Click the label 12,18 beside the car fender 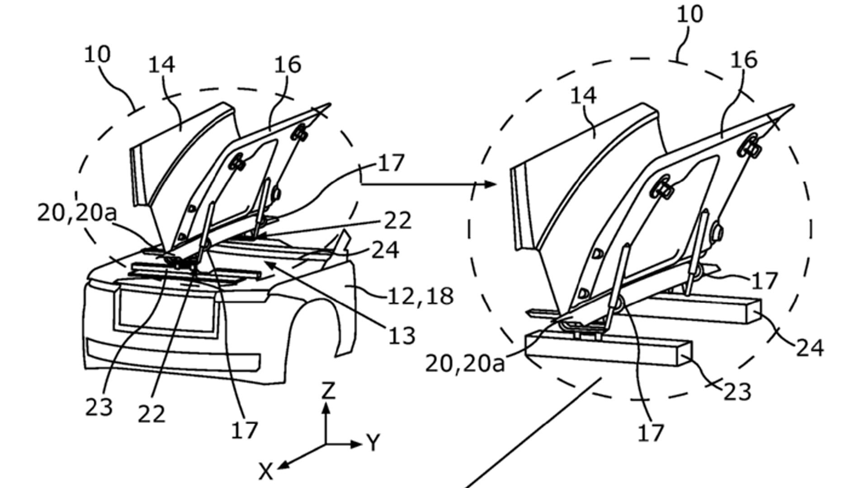420,296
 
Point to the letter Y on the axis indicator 373,443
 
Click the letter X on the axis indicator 266,472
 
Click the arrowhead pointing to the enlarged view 491,184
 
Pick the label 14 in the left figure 161,65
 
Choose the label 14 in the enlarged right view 583,95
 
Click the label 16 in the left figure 288,65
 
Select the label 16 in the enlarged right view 744,59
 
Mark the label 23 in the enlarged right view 737,392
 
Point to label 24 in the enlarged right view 810,348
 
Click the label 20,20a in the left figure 76,213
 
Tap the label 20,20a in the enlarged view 465,364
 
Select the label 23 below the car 99,408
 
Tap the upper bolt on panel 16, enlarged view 750,146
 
